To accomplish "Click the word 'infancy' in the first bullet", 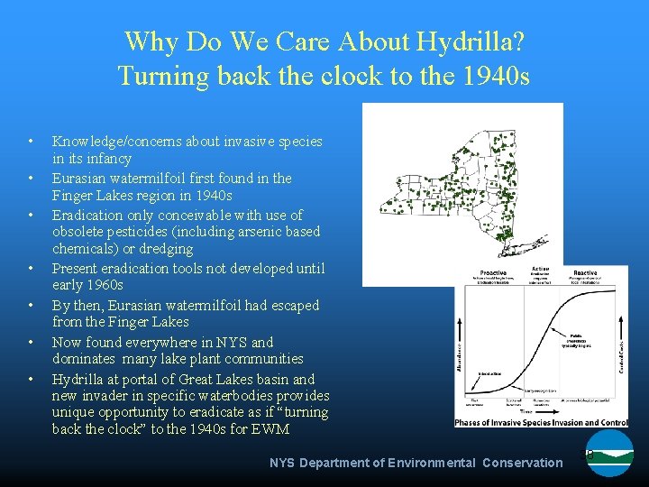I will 106,159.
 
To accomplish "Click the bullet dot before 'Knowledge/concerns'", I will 32,142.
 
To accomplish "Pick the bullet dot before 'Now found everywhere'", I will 32,343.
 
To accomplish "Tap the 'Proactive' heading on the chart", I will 493,272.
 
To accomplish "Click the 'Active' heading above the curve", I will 540,269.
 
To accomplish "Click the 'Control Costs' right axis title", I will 621,345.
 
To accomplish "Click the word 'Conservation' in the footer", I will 522,463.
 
